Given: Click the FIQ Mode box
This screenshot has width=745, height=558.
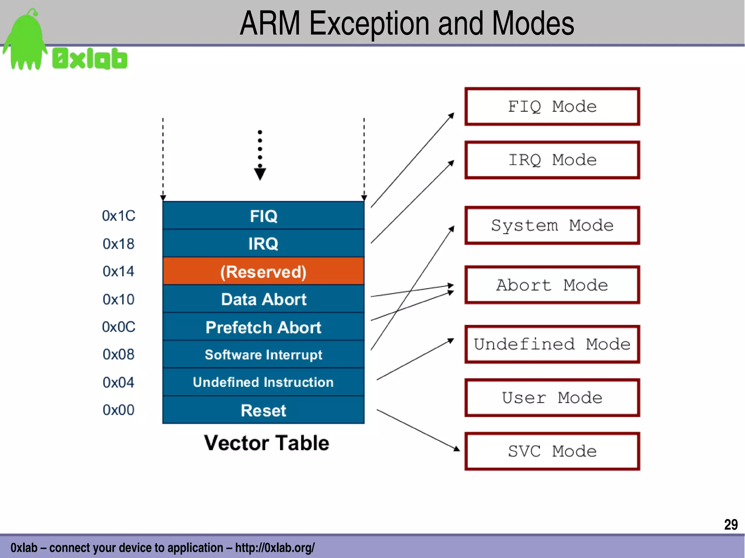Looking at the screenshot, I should pyautogui.click(x=552, y=107).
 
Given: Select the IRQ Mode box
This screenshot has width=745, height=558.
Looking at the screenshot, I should pyautogui.click(x=552, y=160).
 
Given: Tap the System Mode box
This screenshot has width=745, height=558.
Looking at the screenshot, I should pyautogui.click(x=552, y=225).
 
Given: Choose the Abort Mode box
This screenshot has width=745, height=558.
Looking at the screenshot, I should pyautogui.click(x=552, y=285).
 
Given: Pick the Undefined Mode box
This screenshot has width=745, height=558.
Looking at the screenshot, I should pyautogui.click(x=552, y=344).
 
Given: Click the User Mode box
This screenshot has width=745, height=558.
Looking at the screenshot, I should pyautogui.click(x=552, y=398).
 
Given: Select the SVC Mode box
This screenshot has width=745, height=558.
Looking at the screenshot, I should pyautogui.click(x=552, y=451).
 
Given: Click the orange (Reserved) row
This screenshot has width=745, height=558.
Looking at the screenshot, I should pyautogui.click(x=263, y=272).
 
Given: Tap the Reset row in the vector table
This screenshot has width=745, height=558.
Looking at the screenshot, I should pyautogui.click(x=263, y=410).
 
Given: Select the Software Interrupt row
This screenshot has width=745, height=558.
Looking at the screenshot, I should pyautogui.click(x=263, y=354).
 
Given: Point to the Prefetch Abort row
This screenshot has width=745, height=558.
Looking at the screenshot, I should pyautogui.click(x=263, y=327).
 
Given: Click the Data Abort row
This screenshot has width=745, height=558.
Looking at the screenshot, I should pyautogui.click(x=263, y=299).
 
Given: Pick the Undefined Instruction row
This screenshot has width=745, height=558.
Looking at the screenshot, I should pyautogui.click(x=263, y=382).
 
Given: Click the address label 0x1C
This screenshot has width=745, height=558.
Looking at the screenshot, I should pyautogui.click(x=119, y=216).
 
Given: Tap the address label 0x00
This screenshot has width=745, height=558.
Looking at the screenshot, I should pyautogui.click(x=119, y=410).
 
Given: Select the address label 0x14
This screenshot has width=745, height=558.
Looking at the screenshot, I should pyautogui.click(x=119, y=272).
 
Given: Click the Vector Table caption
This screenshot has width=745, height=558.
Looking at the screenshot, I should pyautogui.click(x=266, y=443).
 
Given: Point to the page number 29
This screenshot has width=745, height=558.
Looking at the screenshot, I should pyautogui.click(x=730, y=525).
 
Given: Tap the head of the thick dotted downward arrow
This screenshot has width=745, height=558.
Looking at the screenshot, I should pyautogui.click(x=260, y=174).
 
